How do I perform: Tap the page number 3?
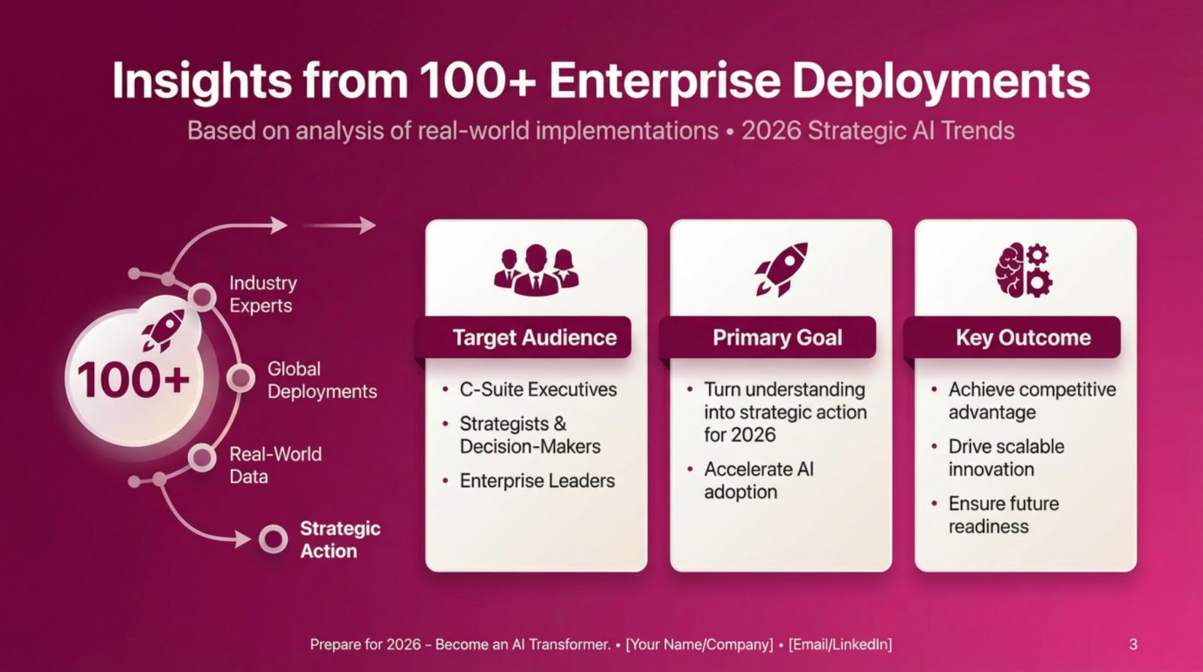coord(1133,644)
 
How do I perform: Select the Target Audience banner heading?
coord(535,338)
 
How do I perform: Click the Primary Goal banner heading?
coord(777,338)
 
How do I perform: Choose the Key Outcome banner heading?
coord(1023,338)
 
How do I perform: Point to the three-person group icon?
coord(535,269)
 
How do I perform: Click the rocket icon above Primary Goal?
coord(781,269)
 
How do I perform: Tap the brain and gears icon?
coord(1023,269)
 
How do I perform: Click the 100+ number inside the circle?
coord(133,379)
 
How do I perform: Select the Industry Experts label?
coord(262,294)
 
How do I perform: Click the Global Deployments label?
coord(322,380)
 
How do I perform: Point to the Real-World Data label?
coord(275,465)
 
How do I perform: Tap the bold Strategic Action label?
coord(340,540)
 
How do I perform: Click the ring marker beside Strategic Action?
coord(273,539)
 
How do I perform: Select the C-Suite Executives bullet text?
coord(538,390)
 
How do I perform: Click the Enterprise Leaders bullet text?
coord(537,481)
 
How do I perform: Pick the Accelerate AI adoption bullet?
coord(758,480)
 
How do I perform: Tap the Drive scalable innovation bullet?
coord(1005,458)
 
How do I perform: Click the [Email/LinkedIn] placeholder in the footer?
coord(840,644)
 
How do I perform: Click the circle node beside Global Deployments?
coord(241,378)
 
